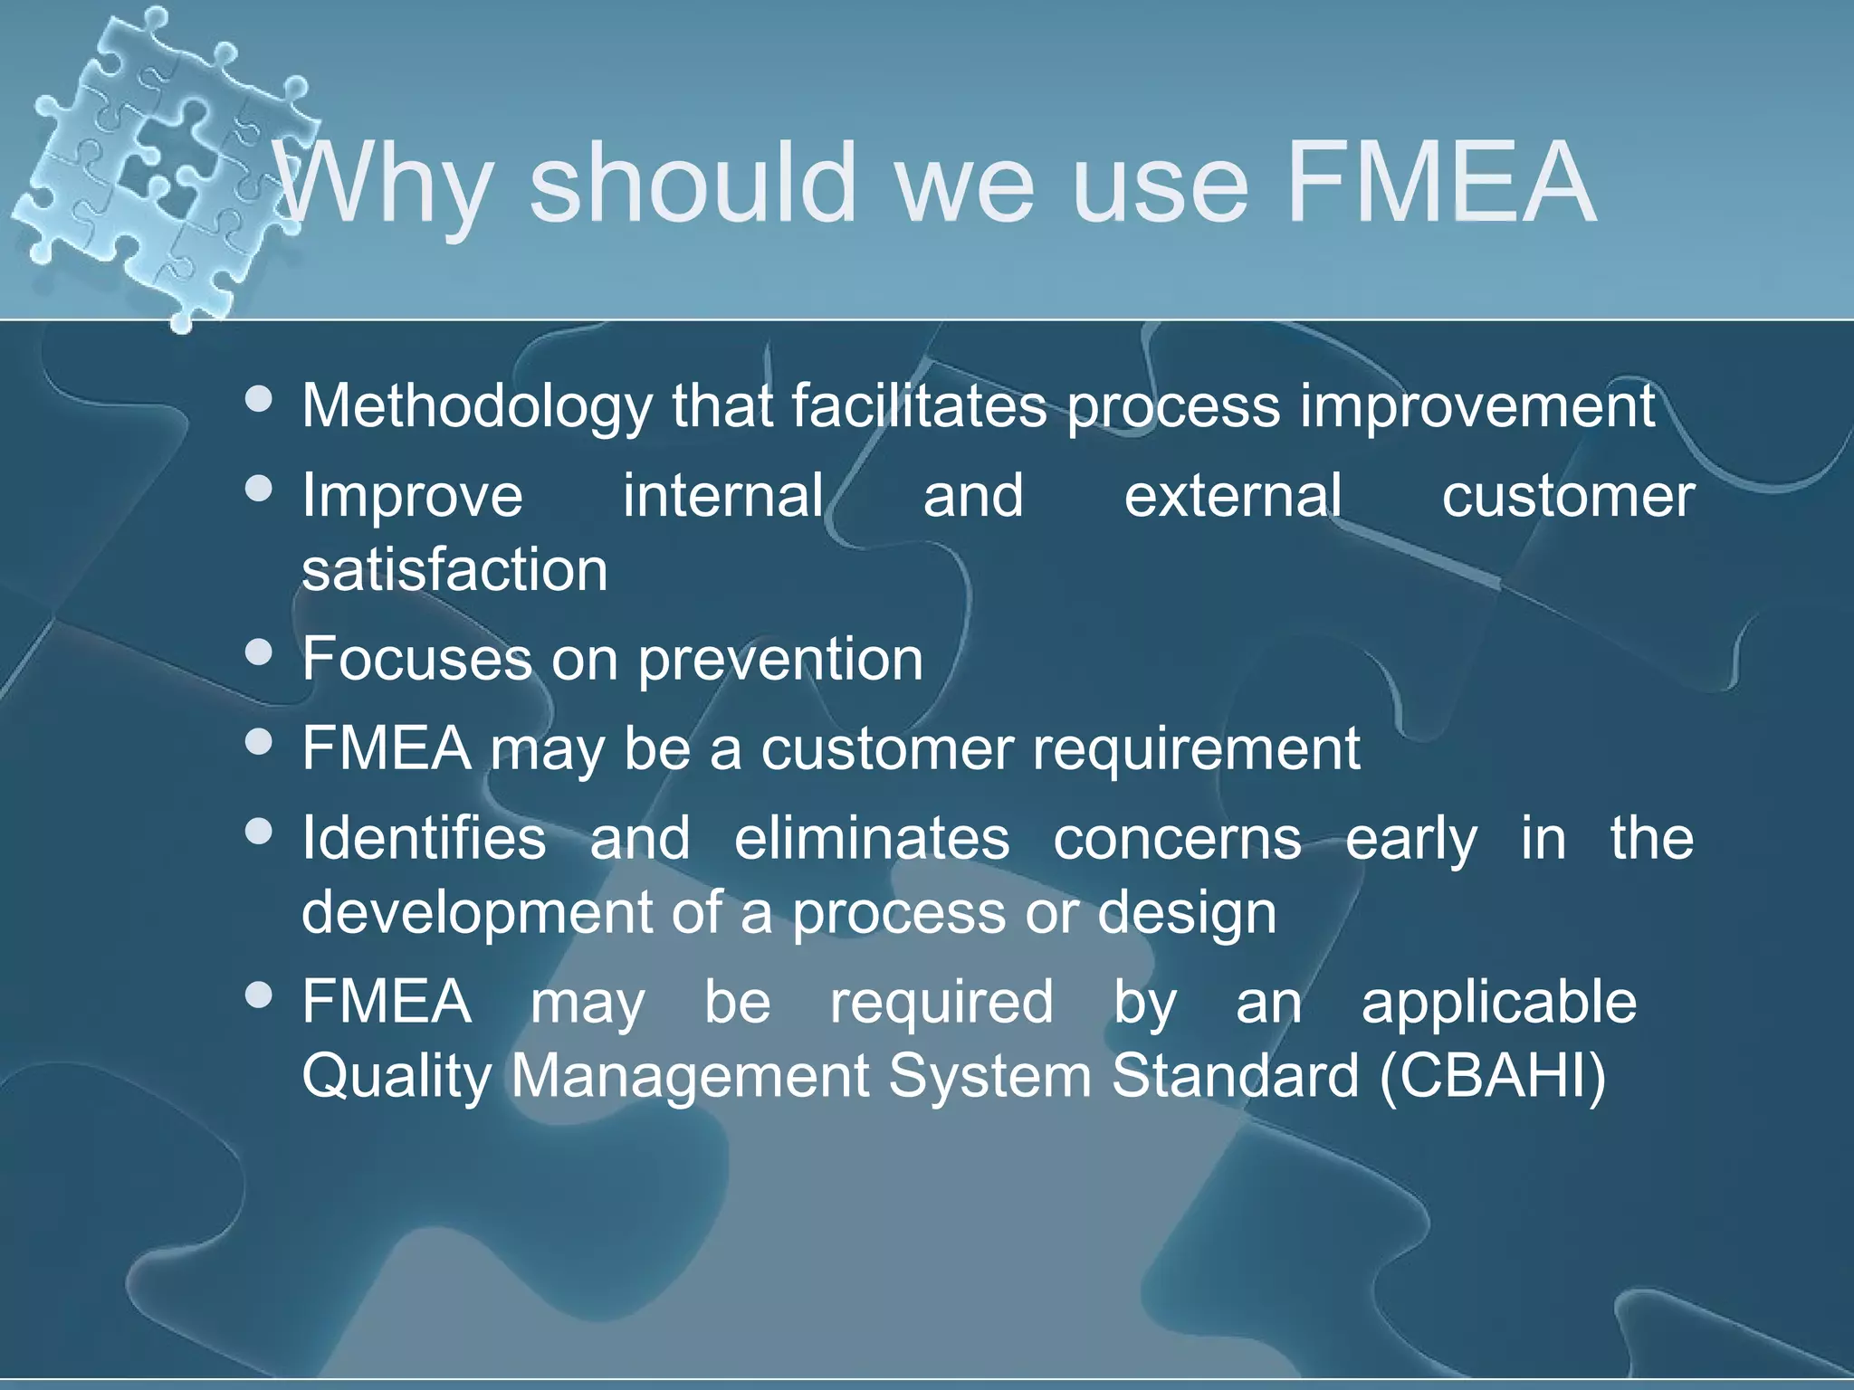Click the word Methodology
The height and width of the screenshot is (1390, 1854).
pos(476,405)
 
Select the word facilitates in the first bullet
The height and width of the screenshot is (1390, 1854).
pos(919,405)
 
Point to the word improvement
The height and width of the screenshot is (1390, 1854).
pos(1477,405)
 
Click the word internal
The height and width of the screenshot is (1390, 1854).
pos(722,496)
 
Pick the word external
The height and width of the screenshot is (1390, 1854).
pos(1233,496)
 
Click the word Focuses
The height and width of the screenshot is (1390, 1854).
pos(416,659)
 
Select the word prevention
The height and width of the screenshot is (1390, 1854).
pos(780,659)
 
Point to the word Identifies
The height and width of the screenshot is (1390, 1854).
pos(424,838)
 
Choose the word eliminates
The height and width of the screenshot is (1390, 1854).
pos(871,838)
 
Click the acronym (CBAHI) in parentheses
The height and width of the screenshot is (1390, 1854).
pos(1493,1076)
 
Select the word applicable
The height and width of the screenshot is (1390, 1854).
pos(1499,1003)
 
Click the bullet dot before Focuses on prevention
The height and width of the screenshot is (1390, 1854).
pos(259,652)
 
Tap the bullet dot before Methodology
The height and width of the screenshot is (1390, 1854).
pos(259,399)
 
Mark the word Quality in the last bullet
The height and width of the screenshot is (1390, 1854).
pos(396,1076)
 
